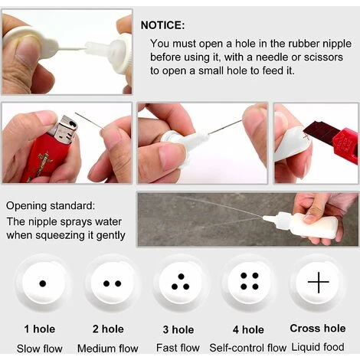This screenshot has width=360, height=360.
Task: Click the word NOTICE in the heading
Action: pos(161,25)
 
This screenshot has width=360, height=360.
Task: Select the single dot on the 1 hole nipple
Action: pos(43,283)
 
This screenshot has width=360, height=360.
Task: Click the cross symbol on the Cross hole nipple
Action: pos(319,282)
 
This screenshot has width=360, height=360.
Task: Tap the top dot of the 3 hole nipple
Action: pos(182,277)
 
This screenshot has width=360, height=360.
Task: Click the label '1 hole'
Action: pos(40,329)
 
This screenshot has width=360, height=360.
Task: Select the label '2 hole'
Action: pos(108,329)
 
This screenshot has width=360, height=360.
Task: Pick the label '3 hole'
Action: pos(178,329)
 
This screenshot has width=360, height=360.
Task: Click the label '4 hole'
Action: pos(248,329)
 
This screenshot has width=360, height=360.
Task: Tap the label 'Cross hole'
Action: pos(318,329)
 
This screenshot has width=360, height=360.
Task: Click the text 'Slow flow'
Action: pos(40,349)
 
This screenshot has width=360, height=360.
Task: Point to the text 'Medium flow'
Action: pos(108,349)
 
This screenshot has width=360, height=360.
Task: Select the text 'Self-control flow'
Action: pos(248,348)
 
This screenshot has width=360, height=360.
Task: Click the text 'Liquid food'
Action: pos(318,347)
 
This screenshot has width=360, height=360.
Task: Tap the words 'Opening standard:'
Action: pos(51,206)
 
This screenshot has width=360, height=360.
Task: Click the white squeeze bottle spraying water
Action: pos(301,224)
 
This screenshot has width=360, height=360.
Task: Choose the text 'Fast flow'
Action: pos(178,348)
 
